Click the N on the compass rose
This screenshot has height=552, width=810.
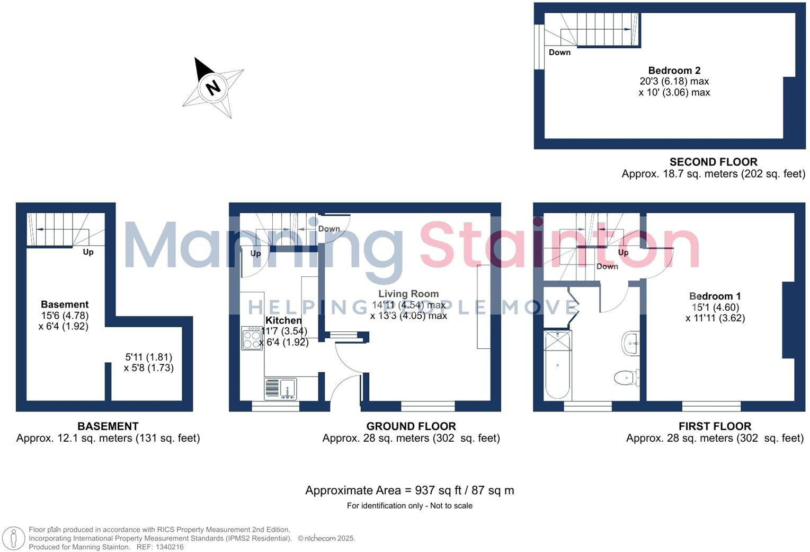tap(213, 87)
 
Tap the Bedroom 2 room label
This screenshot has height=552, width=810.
tap(674, 71)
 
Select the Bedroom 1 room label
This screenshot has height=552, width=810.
tap(715, 296)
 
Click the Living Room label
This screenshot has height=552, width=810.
tap(408, 294)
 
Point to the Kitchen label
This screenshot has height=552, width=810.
tap(283, 320)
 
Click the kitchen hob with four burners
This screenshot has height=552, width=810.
tap(252, 338)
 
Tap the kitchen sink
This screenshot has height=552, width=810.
tap(281, 389)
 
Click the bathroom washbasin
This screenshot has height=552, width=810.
tap(630, 343)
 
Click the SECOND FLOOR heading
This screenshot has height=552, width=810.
tap(713, 162)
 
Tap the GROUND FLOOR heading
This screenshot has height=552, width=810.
tap(411, 426)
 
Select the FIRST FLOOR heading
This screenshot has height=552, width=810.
tap(715, 426)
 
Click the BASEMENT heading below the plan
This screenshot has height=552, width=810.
tap(108, 426)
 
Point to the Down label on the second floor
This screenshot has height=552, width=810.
tap(559, 52)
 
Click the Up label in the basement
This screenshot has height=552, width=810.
tap(88, 252)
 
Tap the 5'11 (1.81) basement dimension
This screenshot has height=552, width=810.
tap(148, 357)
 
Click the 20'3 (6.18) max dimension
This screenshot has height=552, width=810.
tap(674, 81)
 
